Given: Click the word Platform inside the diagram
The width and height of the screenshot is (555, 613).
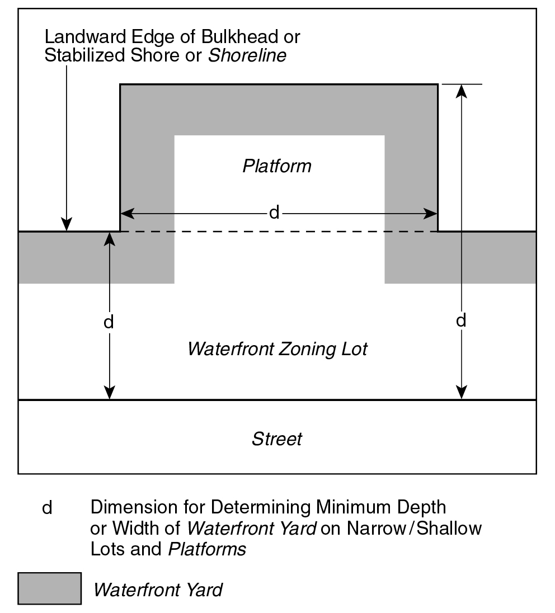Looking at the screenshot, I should click(277, 166).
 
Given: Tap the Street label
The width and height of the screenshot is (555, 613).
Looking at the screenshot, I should click(277, 438).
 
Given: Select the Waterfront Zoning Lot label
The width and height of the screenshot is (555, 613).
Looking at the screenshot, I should click(277, 349).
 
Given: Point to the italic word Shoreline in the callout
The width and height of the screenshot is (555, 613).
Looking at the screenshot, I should click(247, 56).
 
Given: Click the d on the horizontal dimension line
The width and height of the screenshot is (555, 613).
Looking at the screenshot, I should click(274, 213).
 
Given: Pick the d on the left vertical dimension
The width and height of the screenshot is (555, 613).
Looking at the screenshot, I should click(110, 322).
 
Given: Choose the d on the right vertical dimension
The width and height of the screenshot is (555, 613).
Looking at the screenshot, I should click(461, 321).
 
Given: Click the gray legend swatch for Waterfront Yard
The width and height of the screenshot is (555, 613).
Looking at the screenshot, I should click(49, 588).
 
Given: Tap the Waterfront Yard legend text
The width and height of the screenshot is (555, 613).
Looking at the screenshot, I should click(158, 590).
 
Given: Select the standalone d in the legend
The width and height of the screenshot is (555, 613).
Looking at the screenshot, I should click(48, 508).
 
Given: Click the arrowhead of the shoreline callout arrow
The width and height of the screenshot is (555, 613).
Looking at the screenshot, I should click(67, 226).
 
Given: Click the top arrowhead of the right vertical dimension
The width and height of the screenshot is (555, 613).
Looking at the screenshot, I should click(461, 89).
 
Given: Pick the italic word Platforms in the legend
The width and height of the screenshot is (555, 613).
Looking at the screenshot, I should click(207, 549).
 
